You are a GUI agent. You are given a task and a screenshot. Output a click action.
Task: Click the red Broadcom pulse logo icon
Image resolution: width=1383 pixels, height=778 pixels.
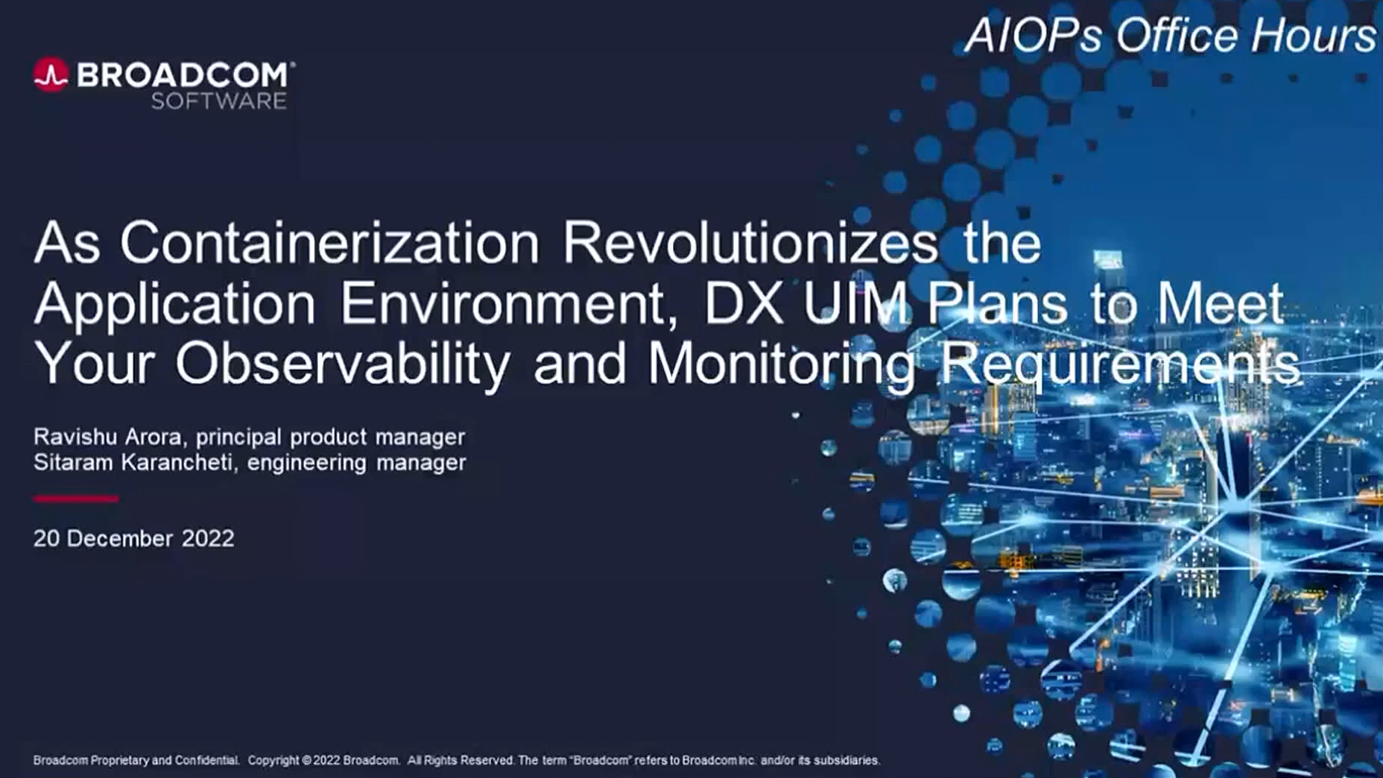click(51, 75)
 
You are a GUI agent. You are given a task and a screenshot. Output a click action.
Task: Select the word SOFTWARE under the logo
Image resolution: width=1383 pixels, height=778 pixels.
click(219, 101)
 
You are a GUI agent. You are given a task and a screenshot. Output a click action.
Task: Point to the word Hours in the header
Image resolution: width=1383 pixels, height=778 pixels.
click(1313, 35)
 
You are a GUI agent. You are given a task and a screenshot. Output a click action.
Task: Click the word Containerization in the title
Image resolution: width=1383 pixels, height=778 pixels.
click(329, 242)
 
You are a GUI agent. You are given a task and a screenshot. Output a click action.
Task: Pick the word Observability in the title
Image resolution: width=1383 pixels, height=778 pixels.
click(343, 364)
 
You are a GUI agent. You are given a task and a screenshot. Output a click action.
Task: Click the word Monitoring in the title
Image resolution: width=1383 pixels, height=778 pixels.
click(782, 364)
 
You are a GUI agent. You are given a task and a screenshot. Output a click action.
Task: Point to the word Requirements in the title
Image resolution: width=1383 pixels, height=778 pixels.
click(1119, 364)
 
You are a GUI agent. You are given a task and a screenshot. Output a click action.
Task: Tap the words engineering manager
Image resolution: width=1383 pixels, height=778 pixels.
click(356, 463)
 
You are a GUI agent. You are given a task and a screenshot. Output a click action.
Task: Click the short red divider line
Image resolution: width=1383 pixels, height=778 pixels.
click(76, 499)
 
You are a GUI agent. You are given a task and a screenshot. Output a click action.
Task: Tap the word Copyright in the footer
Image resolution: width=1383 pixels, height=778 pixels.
click(273, 760)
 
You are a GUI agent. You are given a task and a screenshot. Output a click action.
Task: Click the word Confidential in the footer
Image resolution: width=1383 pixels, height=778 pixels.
click(206, 760)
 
